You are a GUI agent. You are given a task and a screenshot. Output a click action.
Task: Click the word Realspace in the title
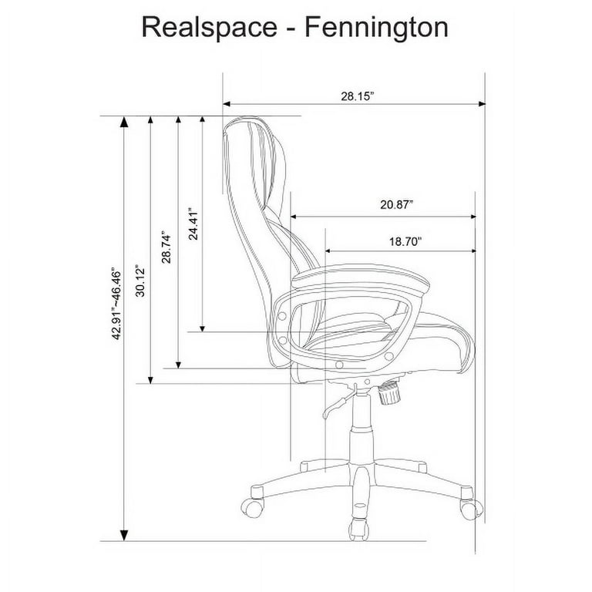[x=210, y=28]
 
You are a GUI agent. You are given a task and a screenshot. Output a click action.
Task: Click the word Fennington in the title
[x=376, y=28]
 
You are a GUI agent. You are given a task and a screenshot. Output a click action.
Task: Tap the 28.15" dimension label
[x=357, y=96]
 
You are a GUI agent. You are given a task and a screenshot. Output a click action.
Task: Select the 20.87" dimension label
[x=396, y=204]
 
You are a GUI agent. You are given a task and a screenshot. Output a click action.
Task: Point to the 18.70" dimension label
[x=405, y=241]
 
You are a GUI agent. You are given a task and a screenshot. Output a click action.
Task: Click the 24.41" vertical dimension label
[x=193, y=224]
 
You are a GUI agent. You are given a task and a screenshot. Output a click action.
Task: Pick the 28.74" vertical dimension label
[x=166, y=247]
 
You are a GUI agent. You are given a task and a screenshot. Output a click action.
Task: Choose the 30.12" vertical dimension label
[x=140, y=281]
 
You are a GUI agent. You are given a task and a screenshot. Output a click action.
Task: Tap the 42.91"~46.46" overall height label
[x=116, y=304]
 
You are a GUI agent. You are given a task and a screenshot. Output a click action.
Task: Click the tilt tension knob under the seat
[x=388, y=393]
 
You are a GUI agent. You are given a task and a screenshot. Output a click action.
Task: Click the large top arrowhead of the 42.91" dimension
[x=124, y=122]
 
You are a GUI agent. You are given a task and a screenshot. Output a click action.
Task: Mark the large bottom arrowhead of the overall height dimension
[x=124, y=535]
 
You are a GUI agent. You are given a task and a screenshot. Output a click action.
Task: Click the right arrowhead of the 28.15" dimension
[x=482, y=104]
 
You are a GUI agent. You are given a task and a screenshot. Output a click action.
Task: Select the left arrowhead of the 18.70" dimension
[x=328, y=251]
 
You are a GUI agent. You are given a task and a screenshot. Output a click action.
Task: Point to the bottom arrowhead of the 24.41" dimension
[x=203, y=328]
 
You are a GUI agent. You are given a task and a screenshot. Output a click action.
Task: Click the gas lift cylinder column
[x=362, y=427]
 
